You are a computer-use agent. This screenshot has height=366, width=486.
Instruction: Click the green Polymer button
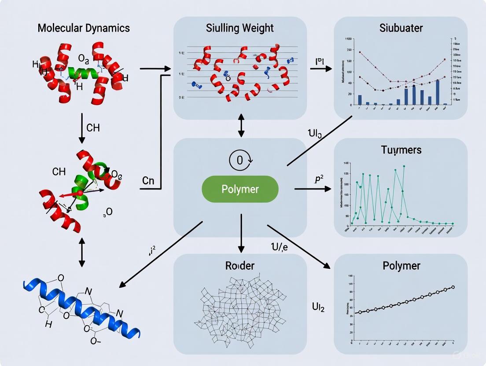click(240, 189)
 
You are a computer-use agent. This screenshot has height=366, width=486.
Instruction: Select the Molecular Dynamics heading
click(84, 28)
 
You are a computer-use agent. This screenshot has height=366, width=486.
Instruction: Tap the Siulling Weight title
click(240, 28)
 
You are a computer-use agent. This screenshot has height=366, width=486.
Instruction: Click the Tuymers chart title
click(401, 150)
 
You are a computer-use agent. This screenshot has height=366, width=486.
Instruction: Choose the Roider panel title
click(240, 266)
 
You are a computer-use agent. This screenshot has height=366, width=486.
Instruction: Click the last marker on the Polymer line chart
click(453, 287)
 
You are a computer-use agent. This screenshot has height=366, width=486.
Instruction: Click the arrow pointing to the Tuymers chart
click(313, 189)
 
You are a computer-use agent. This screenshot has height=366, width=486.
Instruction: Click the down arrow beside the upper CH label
click(81, 128)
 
